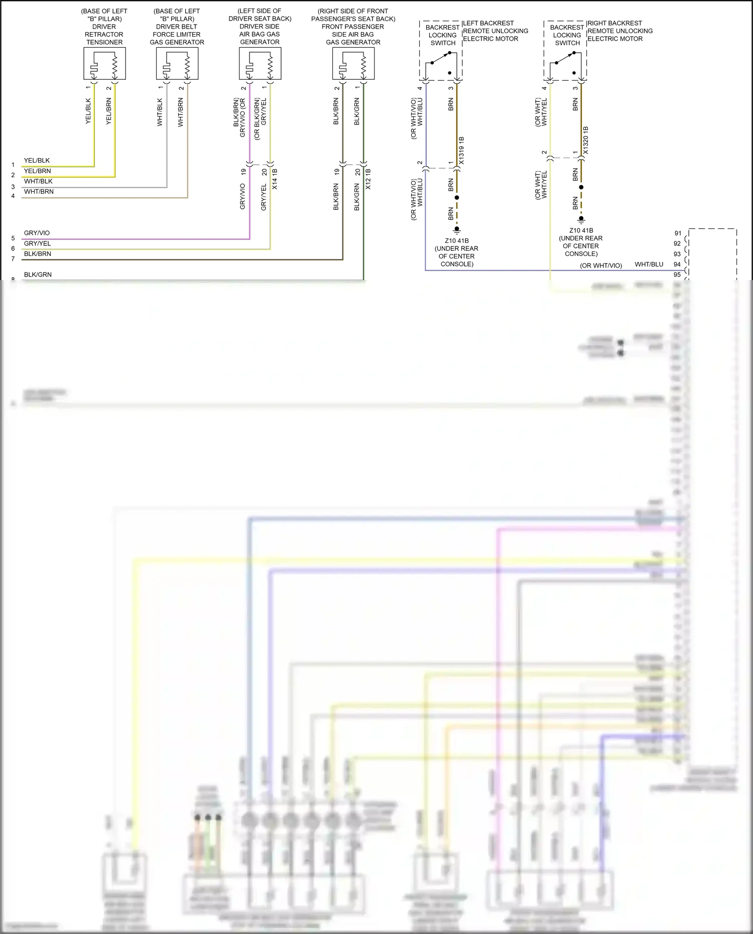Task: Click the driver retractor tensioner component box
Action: click(104, 63)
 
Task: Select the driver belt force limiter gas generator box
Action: click(177, 63)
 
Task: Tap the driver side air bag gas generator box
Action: click(260, 63)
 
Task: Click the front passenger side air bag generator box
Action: click(353, 63)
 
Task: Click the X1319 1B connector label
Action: click(461, 150)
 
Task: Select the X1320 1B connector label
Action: click(585, 141)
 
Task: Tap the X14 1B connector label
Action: click(275, 179)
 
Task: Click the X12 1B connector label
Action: click(368, 179)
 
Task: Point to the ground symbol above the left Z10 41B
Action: click(457, 230)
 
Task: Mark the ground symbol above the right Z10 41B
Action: click(581, 219)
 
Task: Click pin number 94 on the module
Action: click(677, 264)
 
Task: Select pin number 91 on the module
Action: click(677, 233)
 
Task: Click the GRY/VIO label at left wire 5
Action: click(37, 233)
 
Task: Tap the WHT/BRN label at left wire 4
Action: click(39, 192)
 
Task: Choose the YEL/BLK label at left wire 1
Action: click(37, 161)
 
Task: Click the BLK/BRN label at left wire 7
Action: click(38, 254)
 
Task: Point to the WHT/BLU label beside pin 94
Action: click(649, 264)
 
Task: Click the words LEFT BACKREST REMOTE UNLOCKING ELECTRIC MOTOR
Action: click(495, 31)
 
